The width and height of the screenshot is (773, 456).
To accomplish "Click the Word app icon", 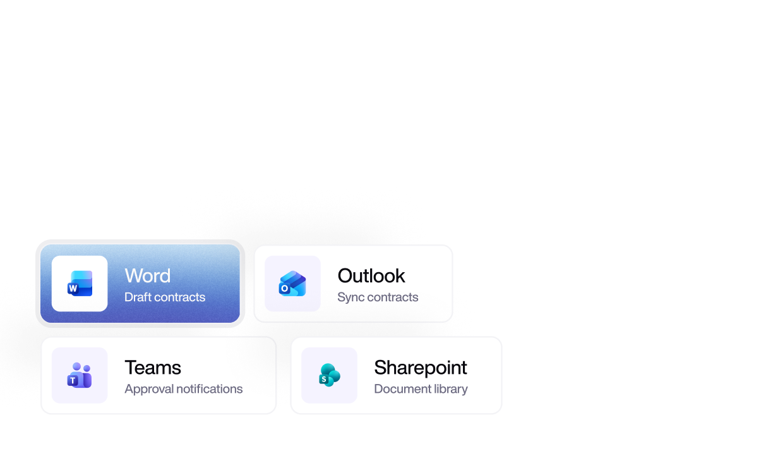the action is (x=80, y=284).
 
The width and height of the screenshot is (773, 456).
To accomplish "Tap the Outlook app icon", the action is (x=292, y=284).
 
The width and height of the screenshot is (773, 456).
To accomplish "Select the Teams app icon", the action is (x=80, y=375).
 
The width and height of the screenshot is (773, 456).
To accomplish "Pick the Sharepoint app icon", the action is (x=329, y=375).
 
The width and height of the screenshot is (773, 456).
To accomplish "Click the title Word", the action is (x=148, y=275).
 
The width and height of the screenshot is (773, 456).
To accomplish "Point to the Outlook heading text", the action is (x=371, y=275).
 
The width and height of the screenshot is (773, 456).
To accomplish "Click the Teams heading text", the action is (x=153, y=368).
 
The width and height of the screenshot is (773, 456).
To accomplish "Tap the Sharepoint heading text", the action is (x=421, y=368).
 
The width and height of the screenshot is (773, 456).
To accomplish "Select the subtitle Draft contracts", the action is (x=165, y=297).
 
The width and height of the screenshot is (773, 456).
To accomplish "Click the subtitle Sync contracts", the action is (x=378, y=297).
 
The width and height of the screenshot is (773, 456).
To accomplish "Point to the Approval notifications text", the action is (x=184, y=389).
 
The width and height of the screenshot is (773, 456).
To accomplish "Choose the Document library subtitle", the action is (x=421, y=389).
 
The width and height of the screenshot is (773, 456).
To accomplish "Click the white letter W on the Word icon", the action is (x=73, y=289).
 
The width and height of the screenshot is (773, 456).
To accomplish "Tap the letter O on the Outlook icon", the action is (x=284, y=289).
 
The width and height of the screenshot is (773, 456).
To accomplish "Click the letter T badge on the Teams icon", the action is (x=73, y=381).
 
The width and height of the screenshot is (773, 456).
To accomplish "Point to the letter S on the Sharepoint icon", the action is (x=324, y=380).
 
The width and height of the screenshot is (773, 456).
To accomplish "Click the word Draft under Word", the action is (x=138, y=297).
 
